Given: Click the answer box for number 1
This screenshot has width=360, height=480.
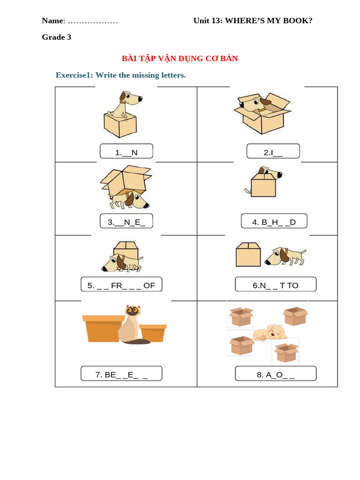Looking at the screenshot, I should [126, 151].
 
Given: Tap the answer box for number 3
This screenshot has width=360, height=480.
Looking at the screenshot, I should [126, 221].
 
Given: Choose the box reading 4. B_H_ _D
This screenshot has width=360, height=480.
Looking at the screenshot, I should [274, 221].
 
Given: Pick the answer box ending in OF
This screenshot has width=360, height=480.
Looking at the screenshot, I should [121, 285].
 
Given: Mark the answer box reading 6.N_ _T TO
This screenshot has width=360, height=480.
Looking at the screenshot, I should [275, 285].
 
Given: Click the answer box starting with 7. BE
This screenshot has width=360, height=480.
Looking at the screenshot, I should [121, 374].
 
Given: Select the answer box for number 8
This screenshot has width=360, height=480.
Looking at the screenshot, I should [275, 374].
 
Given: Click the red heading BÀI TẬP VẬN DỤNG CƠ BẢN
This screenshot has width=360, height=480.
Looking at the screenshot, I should [180, 59].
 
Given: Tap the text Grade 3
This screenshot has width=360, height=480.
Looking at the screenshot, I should [56, 37].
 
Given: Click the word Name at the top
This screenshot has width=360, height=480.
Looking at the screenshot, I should [52, 21].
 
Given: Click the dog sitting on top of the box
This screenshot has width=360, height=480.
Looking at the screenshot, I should [124, 104].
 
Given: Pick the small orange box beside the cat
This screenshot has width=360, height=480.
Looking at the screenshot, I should [153, 333].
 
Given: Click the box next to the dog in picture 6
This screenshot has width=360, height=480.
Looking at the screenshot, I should [248, 255].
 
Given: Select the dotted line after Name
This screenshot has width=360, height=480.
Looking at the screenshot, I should [93, 22].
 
